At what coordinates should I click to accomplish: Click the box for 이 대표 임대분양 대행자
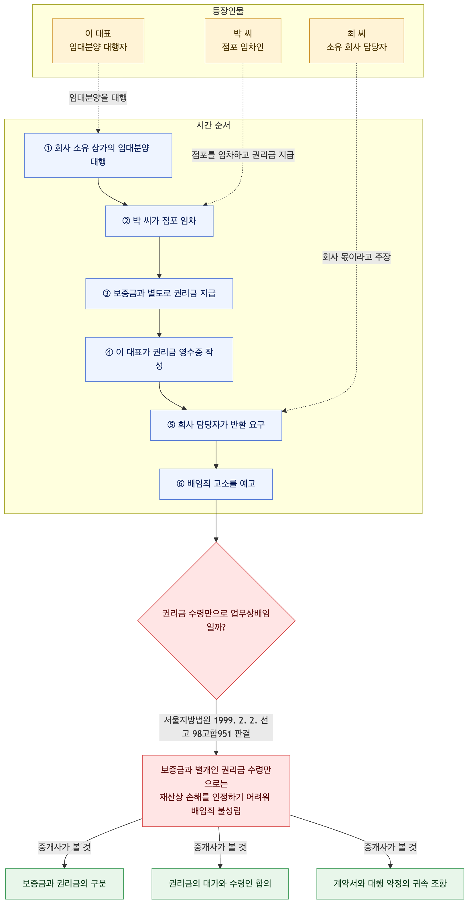(98, 41)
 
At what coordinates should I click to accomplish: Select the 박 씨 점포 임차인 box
(243, 41)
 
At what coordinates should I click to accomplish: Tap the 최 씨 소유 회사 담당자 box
(356, 41)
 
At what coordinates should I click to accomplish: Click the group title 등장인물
(228, 11)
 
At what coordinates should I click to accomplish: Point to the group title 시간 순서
(213, 125)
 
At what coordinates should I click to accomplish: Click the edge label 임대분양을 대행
(98, 97)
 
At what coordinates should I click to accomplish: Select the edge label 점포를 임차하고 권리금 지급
(243, 155)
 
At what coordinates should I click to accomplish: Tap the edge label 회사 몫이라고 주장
(356, 257)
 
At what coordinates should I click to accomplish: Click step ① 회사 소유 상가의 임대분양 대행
(98, 155)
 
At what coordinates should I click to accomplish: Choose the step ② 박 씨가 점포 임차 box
(159, 221)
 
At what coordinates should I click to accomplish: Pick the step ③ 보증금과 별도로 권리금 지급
(159, 294)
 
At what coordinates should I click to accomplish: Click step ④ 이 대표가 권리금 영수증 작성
(159, 359)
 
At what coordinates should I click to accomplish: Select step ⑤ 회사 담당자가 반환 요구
(216, 425)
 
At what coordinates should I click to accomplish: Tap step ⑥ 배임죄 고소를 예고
(216, 484)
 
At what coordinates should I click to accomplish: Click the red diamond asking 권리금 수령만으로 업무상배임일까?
(216, 620)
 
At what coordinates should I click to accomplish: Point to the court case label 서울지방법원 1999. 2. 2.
(216, 727)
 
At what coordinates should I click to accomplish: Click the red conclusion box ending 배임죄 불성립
(216, 791)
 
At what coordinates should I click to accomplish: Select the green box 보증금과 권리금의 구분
(64, 884)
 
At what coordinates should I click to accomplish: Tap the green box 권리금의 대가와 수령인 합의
(220, 884)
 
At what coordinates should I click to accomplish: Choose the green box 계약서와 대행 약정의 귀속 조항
(390, 884)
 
